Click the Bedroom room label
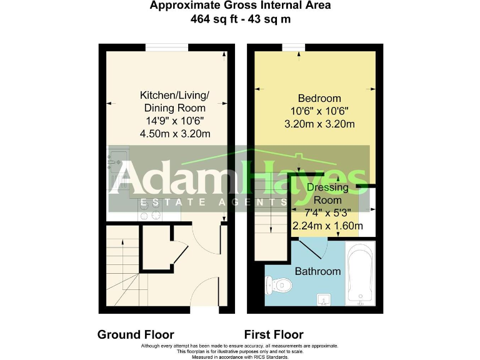tap(319, 98)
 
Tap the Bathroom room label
tap(317, 271)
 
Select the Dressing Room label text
tap(327, 194)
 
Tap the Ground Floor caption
tap(136, 335)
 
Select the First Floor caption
tap(274, 335)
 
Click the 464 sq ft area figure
tap(213, 19)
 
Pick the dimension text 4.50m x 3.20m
tap(174, 134)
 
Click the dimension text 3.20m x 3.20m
tap(319, 124)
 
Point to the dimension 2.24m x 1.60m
tap(327, 226)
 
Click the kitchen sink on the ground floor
tap(117, 164)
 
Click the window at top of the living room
tap(166, 47)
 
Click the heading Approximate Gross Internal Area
tap(240, 6)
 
